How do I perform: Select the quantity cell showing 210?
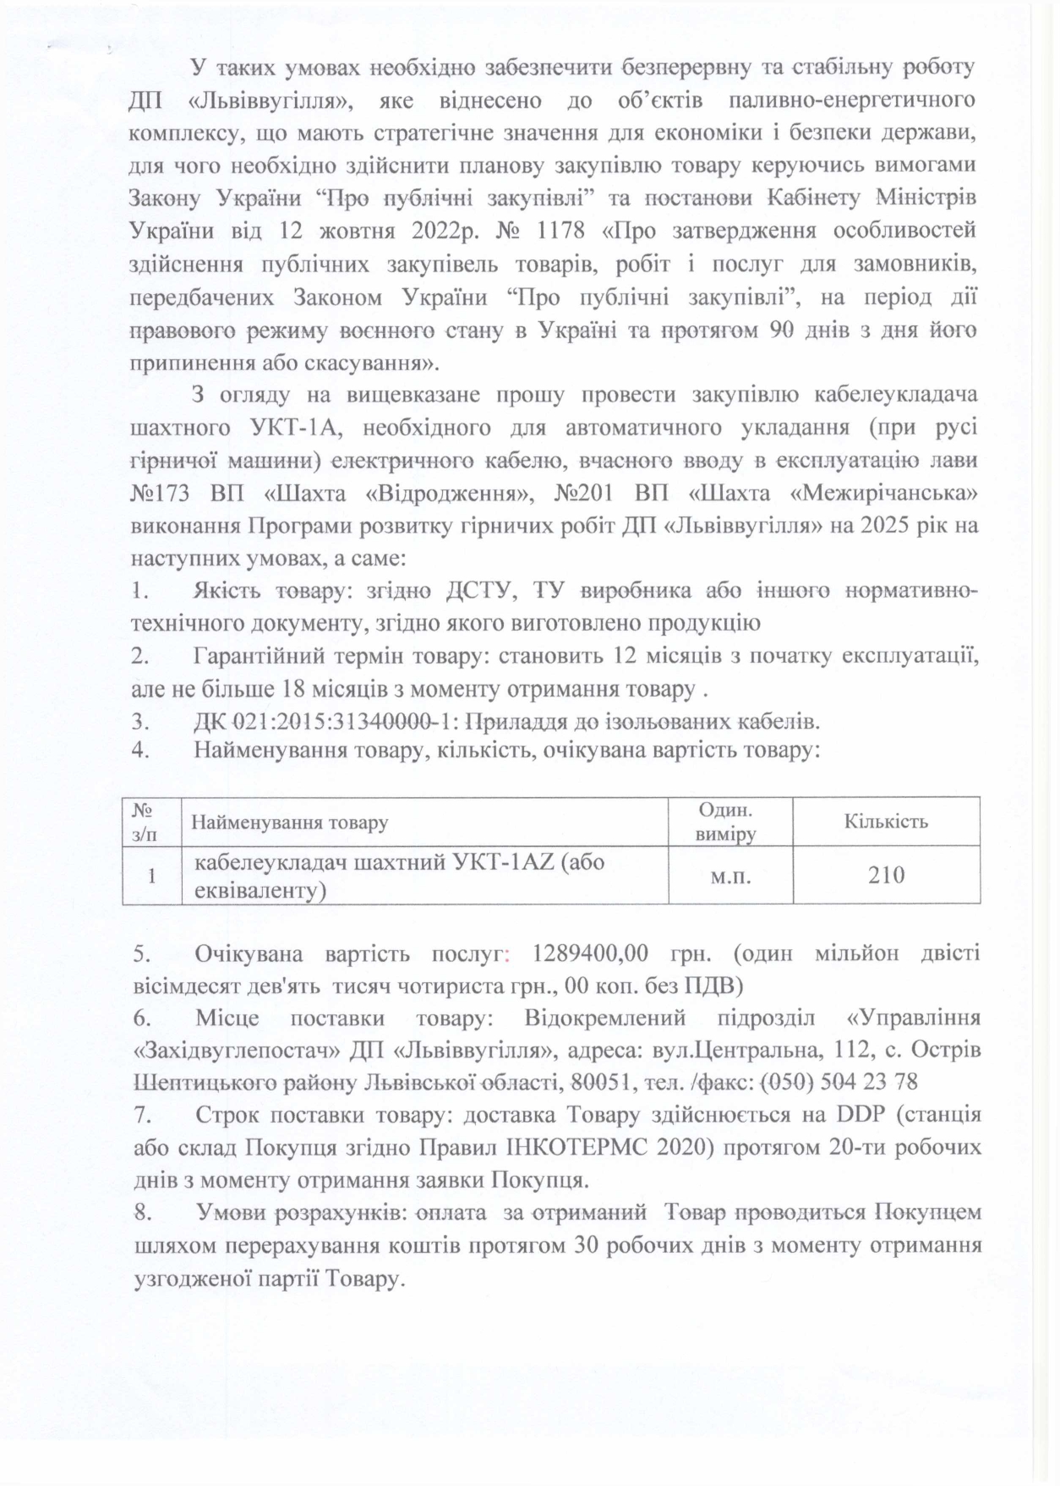pyautogui.click(x=886, y=875)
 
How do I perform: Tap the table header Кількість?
pyautogui.click(x=886, y=821)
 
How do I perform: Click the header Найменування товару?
pyautogui.click(x=290, y=822)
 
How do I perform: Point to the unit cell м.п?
pyautogui.click(x=730, y=876)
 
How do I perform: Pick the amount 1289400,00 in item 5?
pyautogui.click(x=591, y=953)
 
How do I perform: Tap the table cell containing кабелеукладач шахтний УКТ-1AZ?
pyautogui.click(x=400, y=875)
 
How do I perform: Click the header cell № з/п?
pyautogui.click(x=145, y=821)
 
